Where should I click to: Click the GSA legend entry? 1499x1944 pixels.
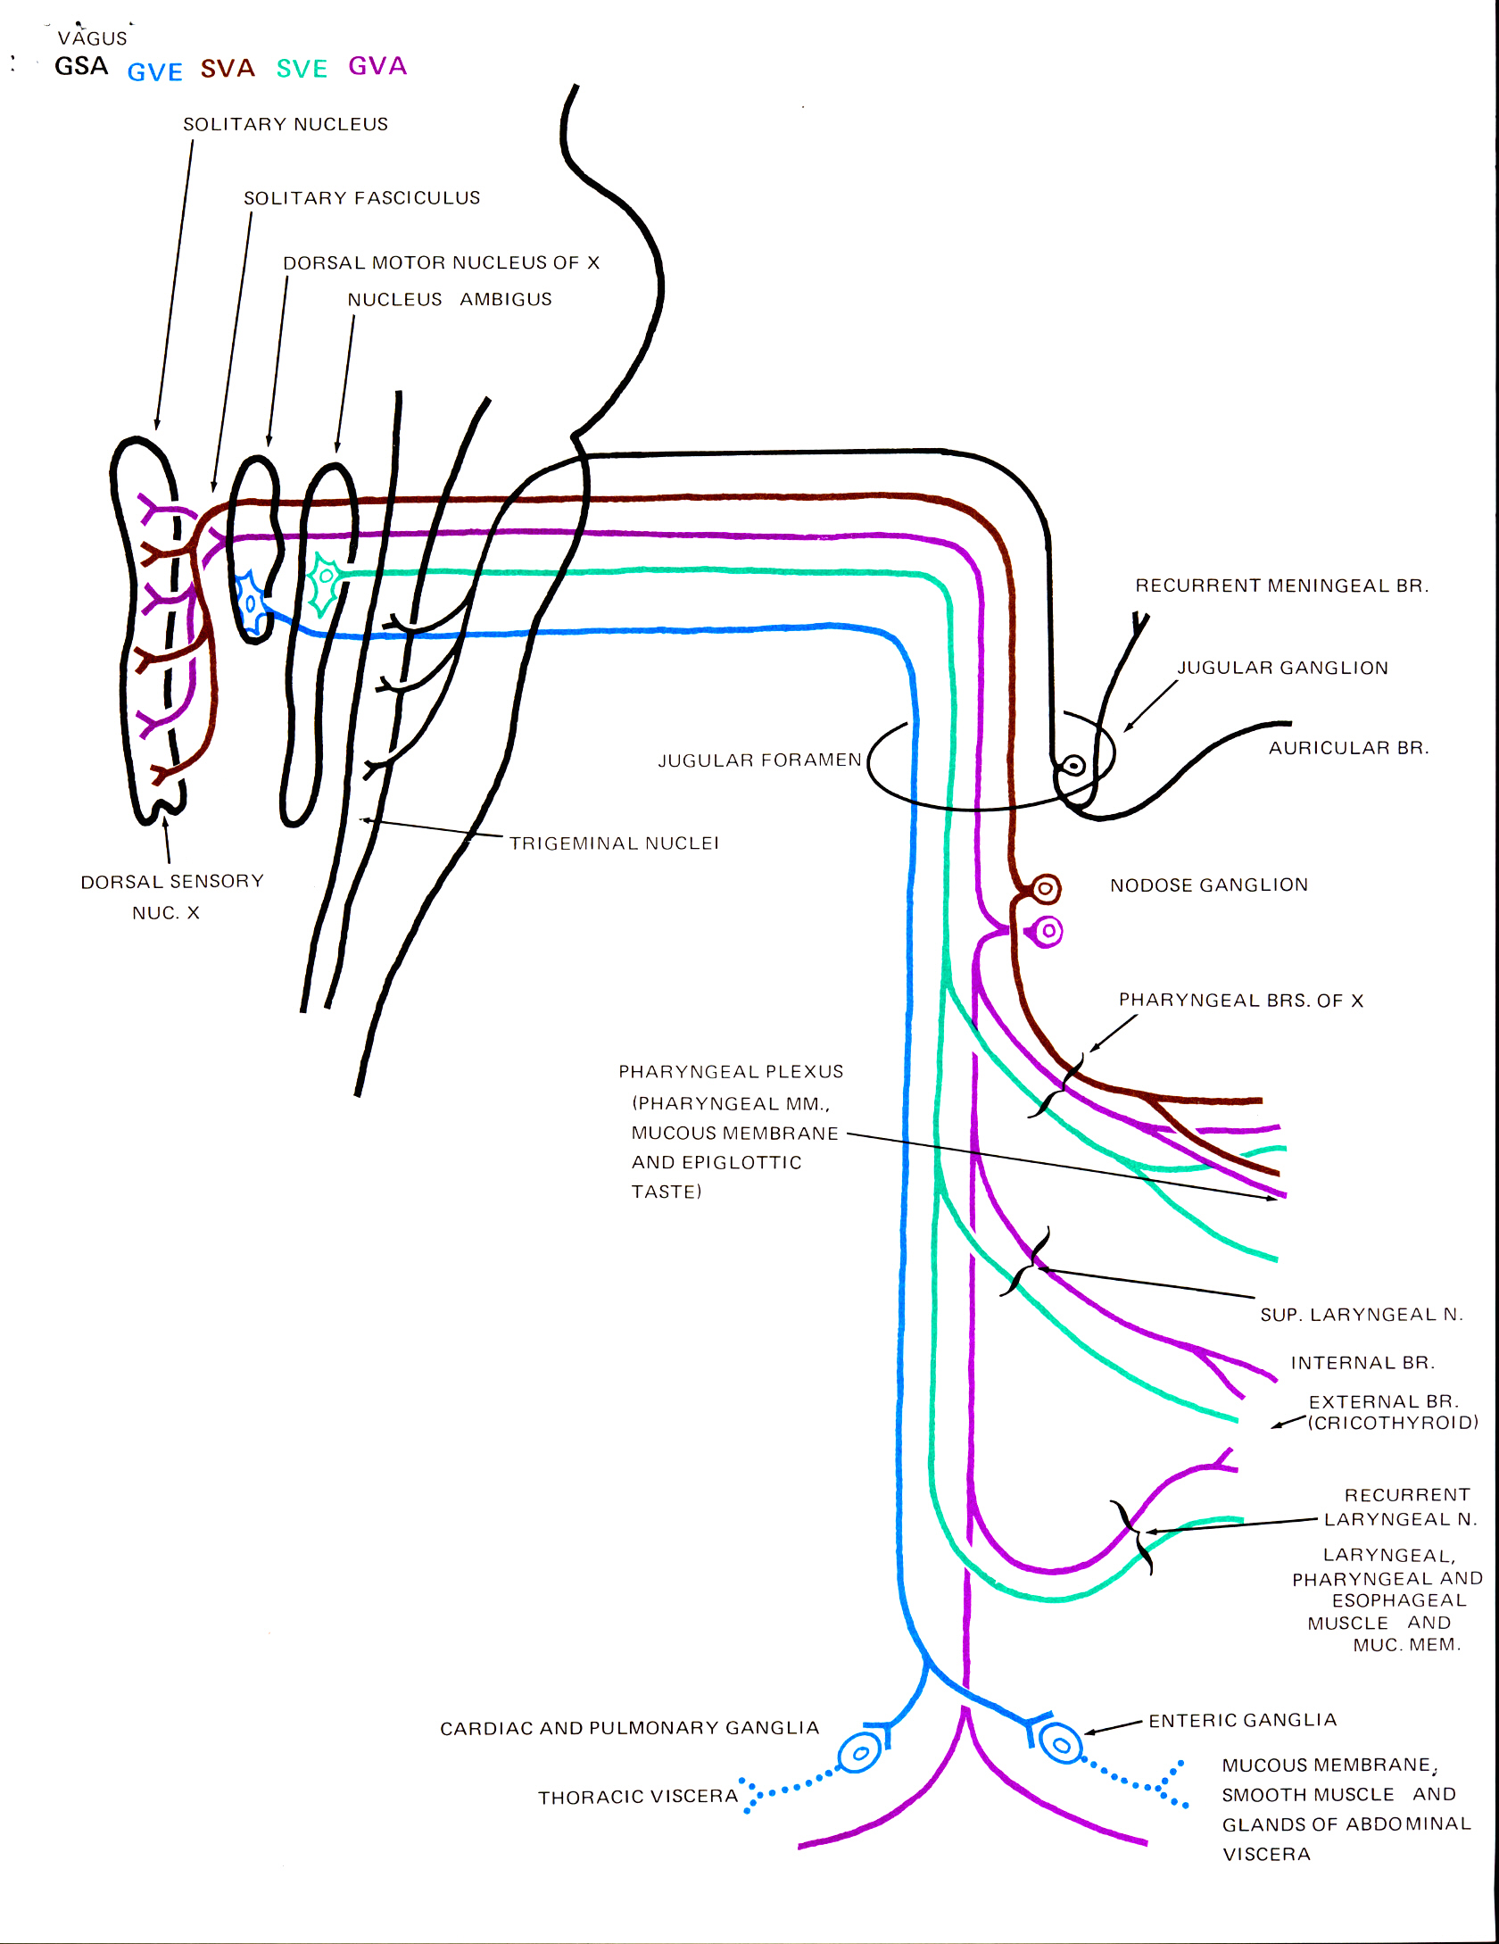pos(81,67)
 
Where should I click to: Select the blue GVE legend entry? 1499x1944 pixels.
pos(154,71)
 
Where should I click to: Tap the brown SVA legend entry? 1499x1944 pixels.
pos(228,69)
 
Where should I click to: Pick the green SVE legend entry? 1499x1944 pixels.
pos(302,69)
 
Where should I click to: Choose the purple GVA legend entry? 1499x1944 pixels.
pos(377,66)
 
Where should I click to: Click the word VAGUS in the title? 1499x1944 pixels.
pos(93,38)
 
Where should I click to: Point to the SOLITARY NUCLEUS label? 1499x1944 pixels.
pos(286,124)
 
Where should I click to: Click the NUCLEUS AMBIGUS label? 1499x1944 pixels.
pos(450,299)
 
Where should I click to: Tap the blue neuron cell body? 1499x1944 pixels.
pos(251,604)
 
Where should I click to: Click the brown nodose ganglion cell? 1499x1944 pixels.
pos(1045,889)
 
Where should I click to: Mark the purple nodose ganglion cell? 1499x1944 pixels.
pos(1048,932)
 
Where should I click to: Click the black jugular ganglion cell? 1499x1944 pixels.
pos(1073,765)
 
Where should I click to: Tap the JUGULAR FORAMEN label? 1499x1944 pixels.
pos(759,760)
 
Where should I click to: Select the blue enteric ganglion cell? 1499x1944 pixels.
pos(1061,1744)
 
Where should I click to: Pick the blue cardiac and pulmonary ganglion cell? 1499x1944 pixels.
pos(860,1753)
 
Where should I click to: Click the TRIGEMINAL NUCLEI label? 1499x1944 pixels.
pos(614,843)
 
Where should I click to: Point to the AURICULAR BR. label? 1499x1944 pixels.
pos(1348,748)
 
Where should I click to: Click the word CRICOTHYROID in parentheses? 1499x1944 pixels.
pos(1393,1423)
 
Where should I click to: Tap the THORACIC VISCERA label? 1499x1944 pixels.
pos(638,1797)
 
